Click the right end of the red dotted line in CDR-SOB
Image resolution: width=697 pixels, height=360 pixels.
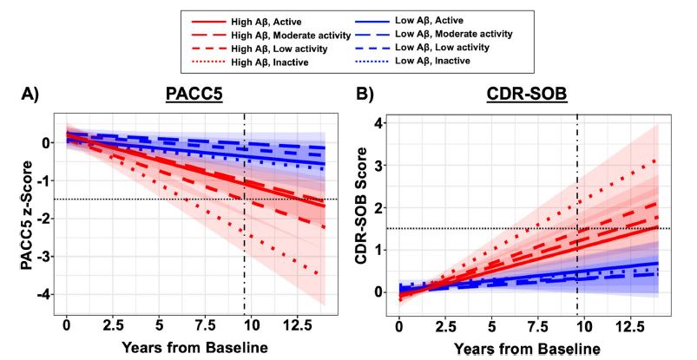coord(654,160)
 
